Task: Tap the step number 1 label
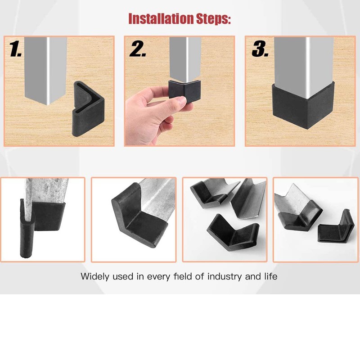pos(15,49)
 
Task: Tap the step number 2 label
pos(138,49)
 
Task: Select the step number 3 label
pos(260,49)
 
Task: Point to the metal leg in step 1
pos(46,70)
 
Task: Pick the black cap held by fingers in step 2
pos(184,90)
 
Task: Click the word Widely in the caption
pos(94,276)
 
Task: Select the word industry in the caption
pos(225,276)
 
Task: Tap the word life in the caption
pos(270,276)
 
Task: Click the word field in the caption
pos(182,276)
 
